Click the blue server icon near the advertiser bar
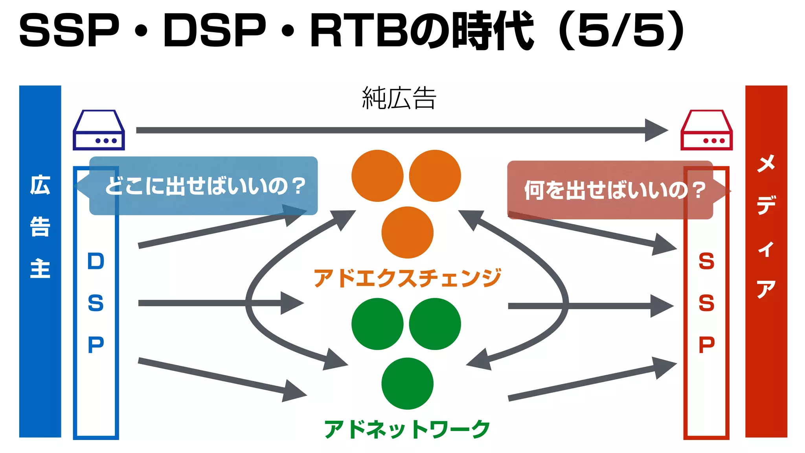[x=99, y=130]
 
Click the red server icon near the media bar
[x=706, y=130]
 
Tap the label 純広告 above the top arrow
[x=399, y=98]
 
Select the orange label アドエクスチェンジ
[x=407, y=278]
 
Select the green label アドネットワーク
[x=407, y=429]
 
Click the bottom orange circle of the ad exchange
[x=407, y=232]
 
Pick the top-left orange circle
[x=377, y=176]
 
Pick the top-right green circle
[x=435, y=324]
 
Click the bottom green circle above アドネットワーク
[x=407, y=383]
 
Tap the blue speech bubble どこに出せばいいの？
[x=203, y=186]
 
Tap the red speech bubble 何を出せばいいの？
[x=610, y=190]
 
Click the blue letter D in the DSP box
[x=96, y=261]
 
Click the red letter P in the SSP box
[x=706, y=344]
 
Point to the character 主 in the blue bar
[x=40, y=269]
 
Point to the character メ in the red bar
[x=766, y=163]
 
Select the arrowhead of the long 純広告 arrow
[x=656, y=130]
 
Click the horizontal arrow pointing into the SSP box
[x=590, y=306]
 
